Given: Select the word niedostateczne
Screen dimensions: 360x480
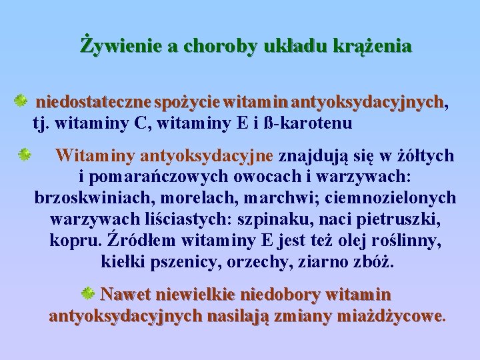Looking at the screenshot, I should pos(93,103).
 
